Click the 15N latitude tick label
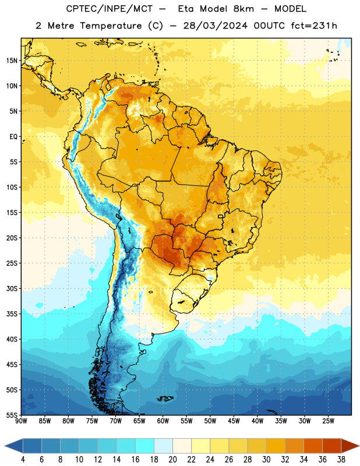pos(12,61)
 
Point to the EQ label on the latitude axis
pos(13,137)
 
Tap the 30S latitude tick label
pos(12,288)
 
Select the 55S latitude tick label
pos(12,415)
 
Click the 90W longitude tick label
pos(21,421)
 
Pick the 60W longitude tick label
pos(163,421)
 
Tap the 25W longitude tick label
pos(328,421)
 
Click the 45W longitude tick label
pos(234,421)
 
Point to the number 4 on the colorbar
pos(23,460)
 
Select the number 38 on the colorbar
pos(341,460)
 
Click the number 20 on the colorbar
pos(172,460)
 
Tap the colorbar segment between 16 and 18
pos(145,446)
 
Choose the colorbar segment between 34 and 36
pos(313,446)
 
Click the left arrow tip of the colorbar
pos(5,446)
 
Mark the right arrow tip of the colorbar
pos(359,446)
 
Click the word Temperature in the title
pos(111,26)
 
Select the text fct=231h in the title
pos(314,26)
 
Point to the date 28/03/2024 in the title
pos(215,26)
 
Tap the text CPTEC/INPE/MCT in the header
pos(110,9)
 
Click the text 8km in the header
pos(243,9)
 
